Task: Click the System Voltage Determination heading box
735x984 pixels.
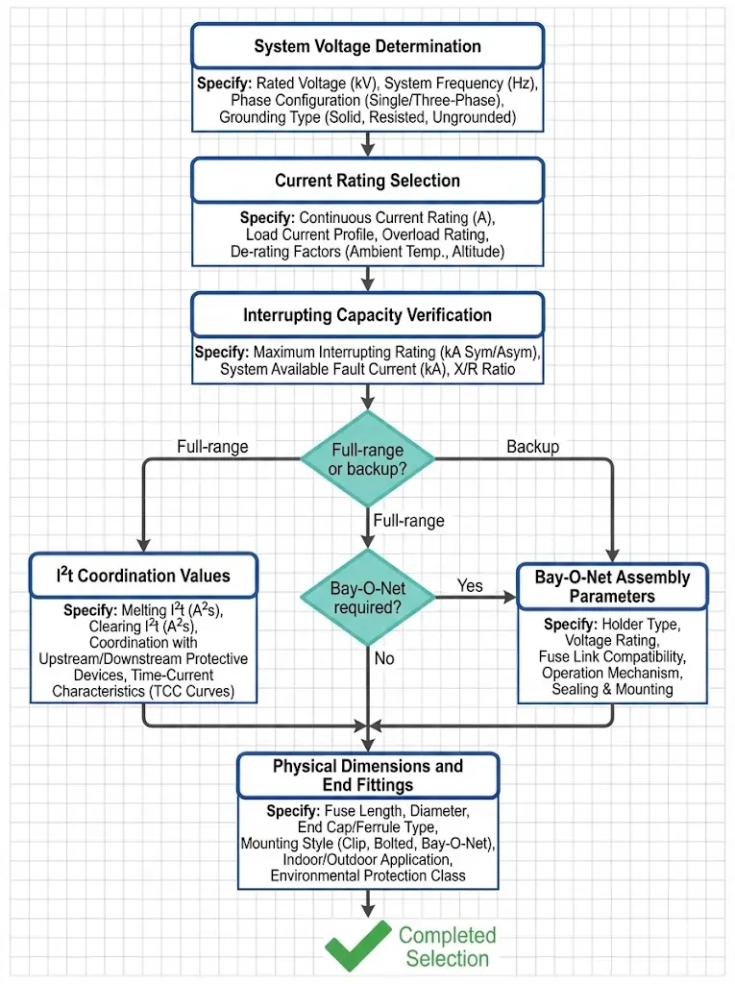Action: click(367, 46)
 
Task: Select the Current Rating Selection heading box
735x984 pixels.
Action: click(367, 181)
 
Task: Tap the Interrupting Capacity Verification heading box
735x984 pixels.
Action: click(367, 315)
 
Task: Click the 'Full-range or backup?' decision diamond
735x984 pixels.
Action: click(368, 458)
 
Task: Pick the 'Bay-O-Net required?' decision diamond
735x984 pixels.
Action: click(368, 597)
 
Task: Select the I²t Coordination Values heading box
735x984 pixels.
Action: click(142, 576)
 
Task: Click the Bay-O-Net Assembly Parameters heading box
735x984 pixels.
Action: click(612, 586)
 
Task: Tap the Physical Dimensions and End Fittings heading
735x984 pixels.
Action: click(367, 775)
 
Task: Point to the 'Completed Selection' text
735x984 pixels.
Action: click(447, 947)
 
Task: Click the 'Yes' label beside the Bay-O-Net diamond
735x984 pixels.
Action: click(470, 585)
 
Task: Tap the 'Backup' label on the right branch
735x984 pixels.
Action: click(533, 447)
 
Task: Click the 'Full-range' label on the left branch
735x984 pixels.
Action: click(212, 447)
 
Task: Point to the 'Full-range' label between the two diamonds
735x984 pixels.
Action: click(409, 521)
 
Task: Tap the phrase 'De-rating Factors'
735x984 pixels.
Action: click(291, 252)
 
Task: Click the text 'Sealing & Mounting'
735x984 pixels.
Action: click(612, 689)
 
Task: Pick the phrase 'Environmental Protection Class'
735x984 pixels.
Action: click(367, 875)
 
